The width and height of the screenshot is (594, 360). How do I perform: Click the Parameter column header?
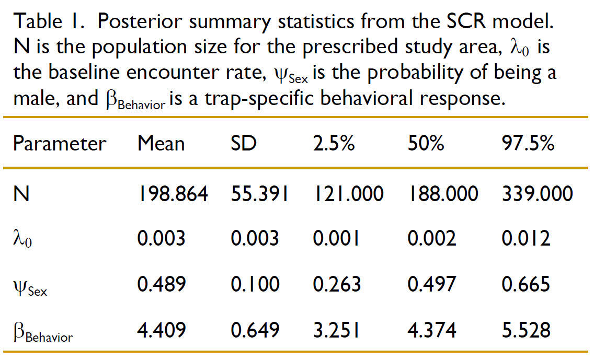[x=59, y=143]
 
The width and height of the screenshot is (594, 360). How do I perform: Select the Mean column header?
[x=161, y=143]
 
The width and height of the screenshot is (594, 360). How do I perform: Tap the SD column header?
[x=244, y=143]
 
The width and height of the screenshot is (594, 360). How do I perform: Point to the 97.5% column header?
[x=528, y=143]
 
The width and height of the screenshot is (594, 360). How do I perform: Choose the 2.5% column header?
[x=334, y=143]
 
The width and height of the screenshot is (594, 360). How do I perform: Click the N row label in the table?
[x=21, y=194]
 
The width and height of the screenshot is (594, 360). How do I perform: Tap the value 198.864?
[x=173, y=194]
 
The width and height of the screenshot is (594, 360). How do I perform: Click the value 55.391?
[x=259, y=194]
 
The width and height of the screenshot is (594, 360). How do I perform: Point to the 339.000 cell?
[x=537, y=194]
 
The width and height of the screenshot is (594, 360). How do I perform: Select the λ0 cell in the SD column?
[x=255, y=239]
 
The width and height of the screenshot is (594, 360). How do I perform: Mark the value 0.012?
[x=526, y=239]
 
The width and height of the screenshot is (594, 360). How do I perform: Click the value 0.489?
[x=161, y=284]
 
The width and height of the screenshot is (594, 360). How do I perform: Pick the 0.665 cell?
[x=526, y=284]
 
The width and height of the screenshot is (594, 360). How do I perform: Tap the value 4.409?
[x=161, y=330]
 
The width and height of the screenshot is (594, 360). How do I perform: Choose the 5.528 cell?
[x=526, y=330]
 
